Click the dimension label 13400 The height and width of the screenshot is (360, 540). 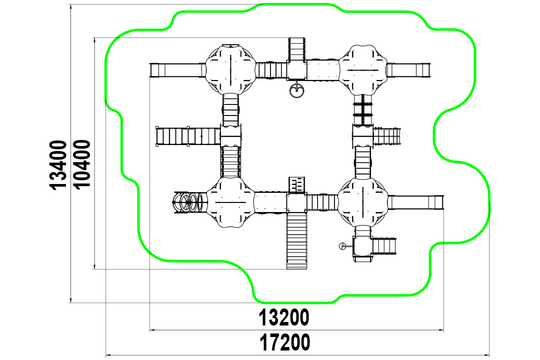[x=58, y=164]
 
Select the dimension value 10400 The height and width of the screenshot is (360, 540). [x=82, y=164]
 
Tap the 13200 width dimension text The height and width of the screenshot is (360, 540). [x=284, y=317]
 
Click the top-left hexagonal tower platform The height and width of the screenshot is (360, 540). [x=230, y=69]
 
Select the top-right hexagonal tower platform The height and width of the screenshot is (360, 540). [x=363, y=69]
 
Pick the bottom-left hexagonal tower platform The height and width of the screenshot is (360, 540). [x=230, y=202]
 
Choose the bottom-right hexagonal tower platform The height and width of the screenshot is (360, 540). [x=363, y=202]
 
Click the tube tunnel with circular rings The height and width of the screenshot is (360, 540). [x=190, y=202]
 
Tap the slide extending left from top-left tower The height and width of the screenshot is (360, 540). [x=177, y=70]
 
